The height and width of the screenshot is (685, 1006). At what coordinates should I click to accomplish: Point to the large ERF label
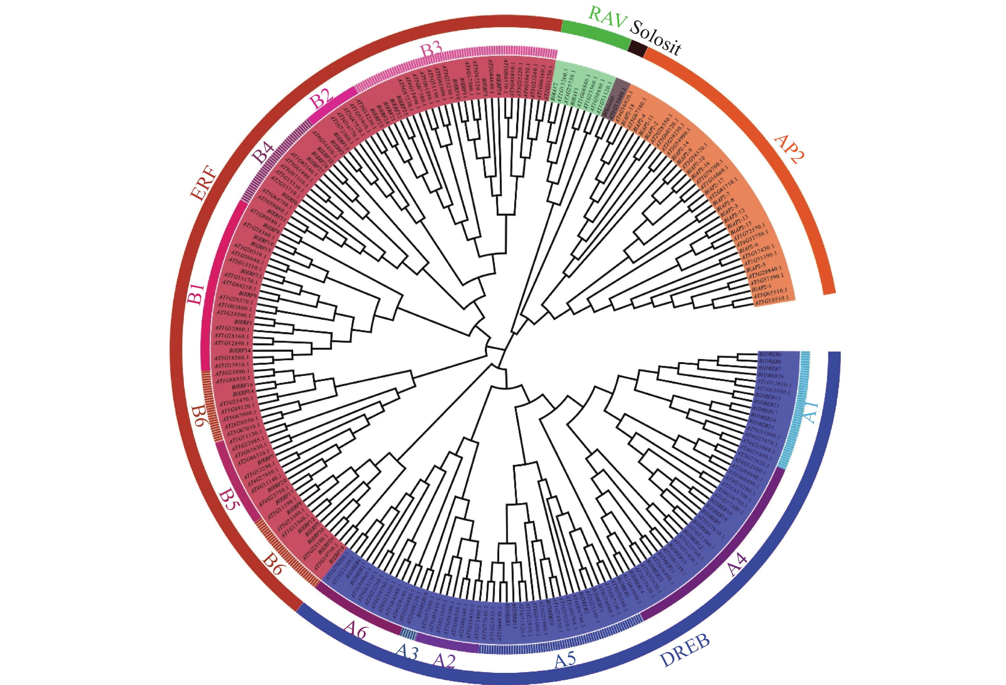[x=204, y=183]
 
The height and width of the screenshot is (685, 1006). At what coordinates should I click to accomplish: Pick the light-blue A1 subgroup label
[x=810, y=412]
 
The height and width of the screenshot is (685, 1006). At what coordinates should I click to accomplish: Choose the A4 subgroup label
[x=737, y=565]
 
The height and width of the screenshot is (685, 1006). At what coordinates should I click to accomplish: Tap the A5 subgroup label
[x=565, y=659]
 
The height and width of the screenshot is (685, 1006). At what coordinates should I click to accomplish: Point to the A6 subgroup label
[x=355, y=631]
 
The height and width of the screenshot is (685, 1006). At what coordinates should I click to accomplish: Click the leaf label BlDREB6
[x=769, y=354]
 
